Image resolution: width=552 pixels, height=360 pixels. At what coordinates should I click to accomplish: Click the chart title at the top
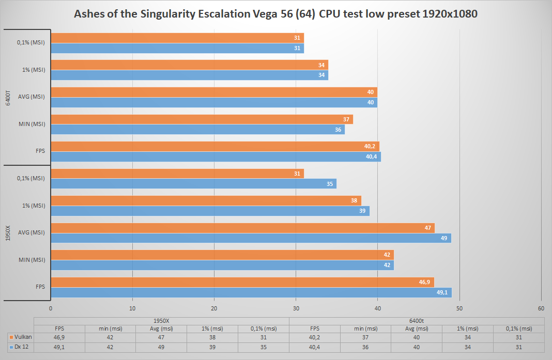[275, 13]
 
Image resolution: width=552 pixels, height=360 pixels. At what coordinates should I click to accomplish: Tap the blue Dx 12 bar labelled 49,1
[251, 292]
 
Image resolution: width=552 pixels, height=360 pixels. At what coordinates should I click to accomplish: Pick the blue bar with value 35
[193, 183]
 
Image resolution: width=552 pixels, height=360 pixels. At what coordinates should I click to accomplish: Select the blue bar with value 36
[197, 130]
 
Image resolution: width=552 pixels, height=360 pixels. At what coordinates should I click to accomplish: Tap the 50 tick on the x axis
[459, 308]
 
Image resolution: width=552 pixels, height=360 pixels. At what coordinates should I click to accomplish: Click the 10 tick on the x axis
[132, 308]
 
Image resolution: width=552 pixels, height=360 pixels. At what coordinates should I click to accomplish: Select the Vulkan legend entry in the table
[19, 337]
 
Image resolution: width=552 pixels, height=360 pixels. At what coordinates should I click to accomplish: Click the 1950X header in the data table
[161, 321]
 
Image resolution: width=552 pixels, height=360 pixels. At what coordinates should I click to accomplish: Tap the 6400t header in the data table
[417, 321]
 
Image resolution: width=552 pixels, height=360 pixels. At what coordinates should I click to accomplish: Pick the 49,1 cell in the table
[59, 347]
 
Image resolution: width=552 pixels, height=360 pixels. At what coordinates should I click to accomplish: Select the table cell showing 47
[161, 337]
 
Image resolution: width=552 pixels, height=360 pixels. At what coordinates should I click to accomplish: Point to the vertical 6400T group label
[8, 97]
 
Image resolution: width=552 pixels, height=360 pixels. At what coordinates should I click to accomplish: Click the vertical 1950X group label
[8, 232]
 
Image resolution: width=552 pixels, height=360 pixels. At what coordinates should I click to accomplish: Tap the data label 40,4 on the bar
[371, 156]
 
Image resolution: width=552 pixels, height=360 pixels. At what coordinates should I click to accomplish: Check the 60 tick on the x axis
[541, 308]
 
